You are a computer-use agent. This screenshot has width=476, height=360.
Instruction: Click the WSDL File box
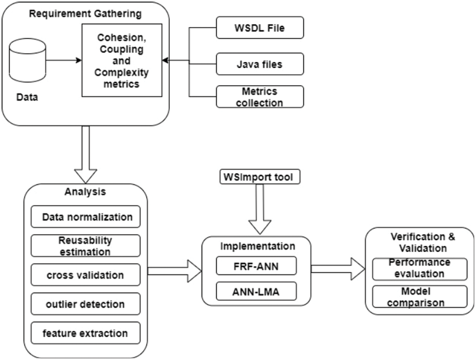pos(260,28)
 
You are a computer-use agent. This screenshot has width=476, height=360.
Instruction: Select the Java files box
pos(260,64)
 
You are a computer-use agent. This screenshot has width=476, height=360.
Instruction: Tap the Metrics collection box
pos(260,97)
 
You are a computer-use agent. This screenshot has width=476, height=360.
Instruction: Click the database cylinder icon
pos(28,60)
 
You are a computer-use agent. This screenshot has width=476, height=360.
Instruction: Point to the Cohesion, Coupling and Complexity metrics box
pos(122,60)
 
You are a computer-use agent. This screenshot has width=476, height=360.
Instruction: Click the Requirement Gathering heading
pos(85,14)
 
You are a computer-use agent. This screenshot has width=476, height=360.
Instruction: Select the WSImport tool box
pos(260,177)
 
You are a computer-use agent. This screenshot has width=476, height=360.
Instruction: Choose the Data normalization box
pos(85,217)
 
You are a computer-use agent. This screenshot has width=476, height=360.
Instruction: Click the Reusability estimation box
pos(85,246)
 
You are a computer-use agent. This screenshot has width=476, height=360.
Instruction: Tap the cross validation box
pos(85,275)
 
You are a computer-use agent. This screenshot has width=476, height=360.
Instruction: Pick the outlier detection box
pos(85,304)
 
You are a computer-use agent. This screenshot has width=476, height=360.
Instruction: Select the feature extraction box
pos(85,333)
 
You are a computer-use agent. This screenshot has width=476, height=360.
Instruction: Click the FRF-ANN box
pos(256,266)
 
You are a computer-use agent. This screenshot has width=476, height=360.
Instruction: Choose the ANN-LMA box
pos(256,291)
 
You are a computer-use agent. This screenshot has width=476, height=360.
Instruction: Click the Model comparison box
pos(420,297)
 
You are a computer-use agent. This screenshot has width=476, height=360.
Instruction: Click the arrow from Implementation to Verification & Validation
pos(338,269)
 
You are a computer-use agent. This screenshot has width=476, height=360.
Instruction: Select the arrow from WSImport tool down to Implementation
pos(260,210)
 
